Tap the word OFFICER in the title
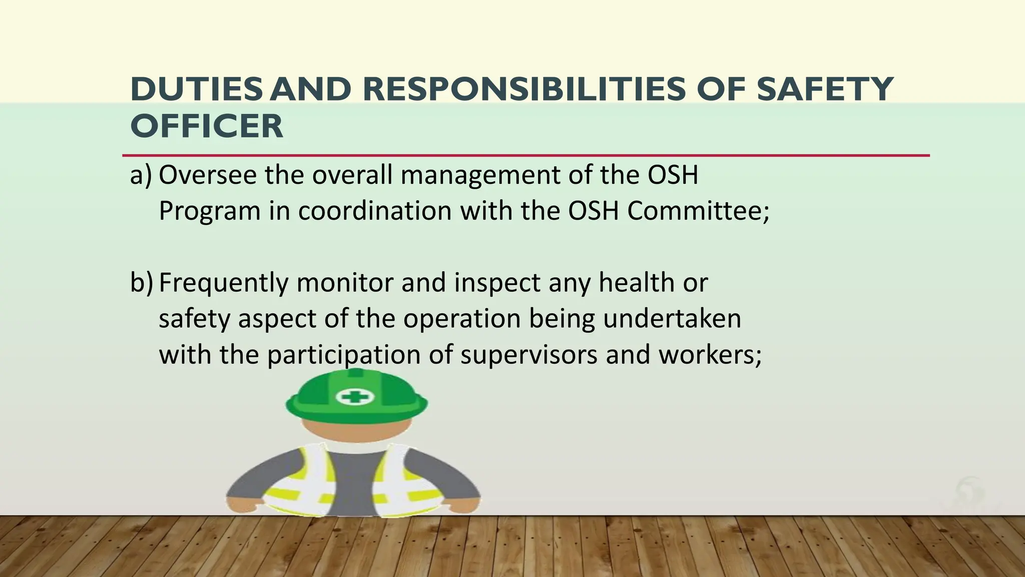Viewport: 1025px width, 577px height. point(207,126)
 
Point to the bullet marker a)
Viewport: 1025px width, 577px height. point(140,175)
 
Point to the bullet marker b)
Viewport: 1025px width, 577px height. point(141,283)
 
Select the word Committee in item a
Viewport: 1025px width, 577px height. point(697,211)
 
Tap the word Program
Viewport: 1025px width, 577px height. point(210,212)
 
